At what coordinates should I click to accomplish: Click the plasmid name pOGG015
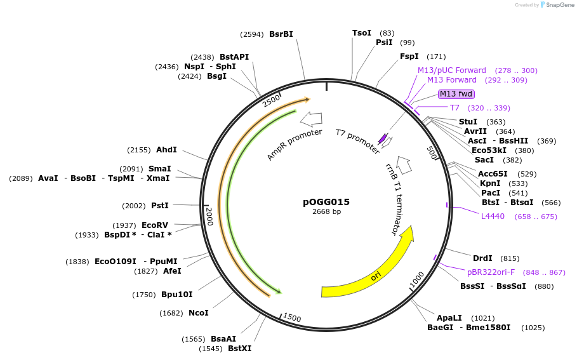point(326,202)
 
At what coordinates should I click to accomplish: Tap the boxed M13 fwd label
point(456,94)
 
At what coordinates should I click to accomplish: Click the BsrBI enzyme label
point(281,34)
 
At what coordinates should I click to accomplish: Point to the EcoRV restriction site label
point(155,225)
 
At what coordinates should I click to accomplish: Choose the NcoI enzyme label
point(199,312)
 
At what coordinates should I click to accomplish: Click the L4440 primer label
point(493,217)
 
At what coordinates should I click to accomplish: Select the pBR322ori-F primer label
point(491,272)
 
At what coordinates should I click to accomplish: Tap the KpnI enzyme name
point(490,183)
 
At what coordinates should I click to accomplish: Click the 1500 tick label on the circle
point(292,318)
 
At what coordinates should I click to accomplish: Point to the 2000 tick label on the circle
point(209,220)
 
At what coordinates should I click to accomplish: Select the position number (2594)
point(252,34)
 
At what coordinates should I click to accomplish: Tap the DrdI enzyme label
point(482,258)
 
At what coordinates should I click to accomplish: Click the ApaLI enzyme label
point(449,317)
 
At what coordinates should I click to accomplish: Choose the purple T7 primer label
point(454,108)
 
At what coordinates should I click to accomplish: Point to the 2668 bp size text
point(326,212)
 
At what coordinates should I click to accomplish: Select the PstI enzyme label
point(160,206)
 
